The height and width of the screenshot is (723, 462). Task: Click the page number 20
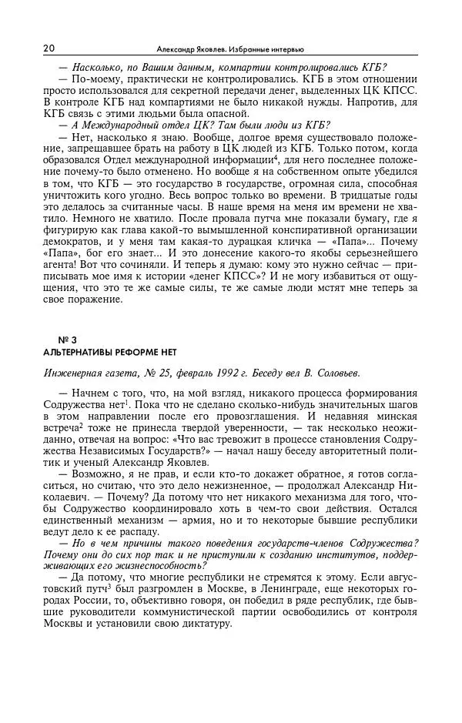point(49,48)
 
